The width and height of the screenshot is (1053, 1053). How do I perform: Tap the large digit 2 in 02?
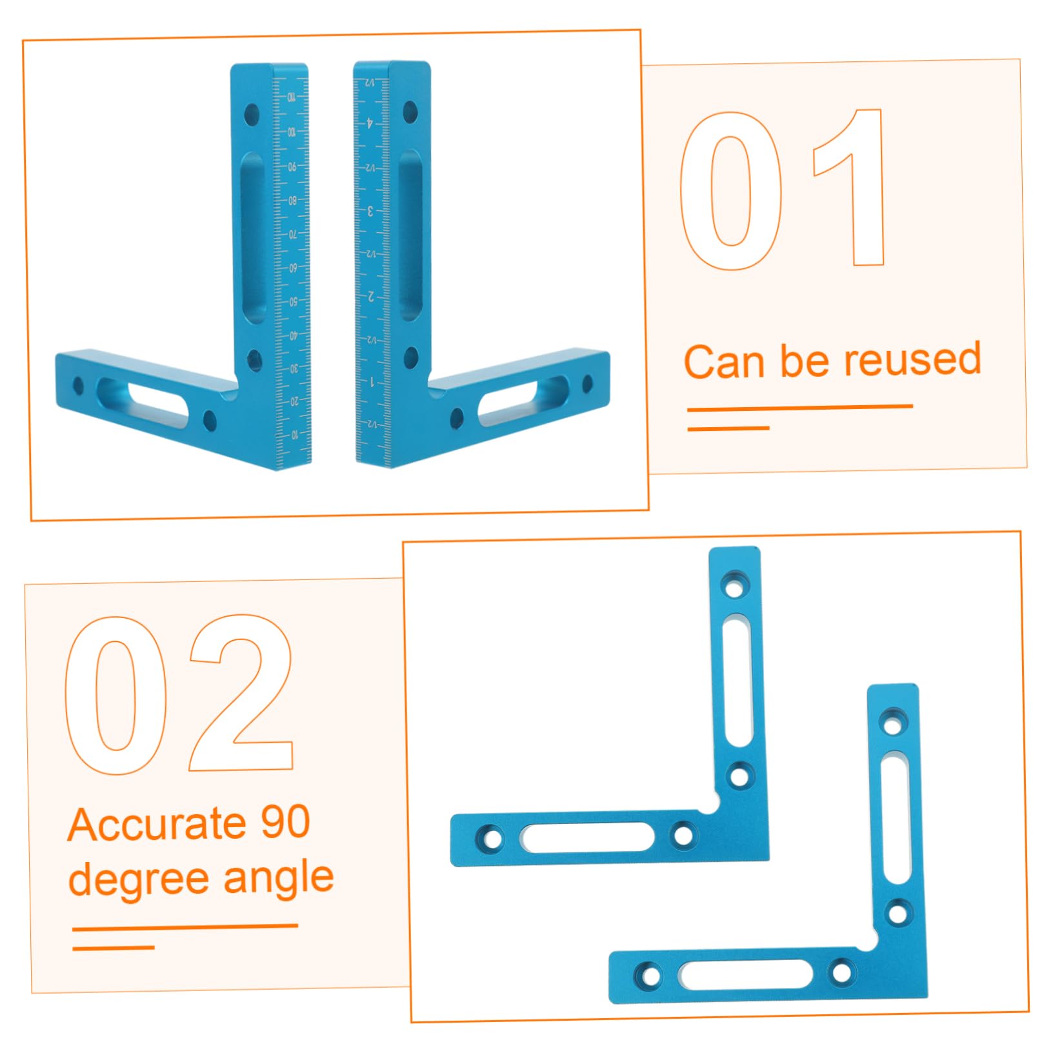[x=242, y=694]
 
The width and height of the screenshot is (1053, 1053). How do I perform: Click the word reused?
[x=912, y=360]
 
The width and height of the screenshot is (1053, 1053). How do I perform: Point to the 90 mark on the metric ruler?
[x=292, y=166]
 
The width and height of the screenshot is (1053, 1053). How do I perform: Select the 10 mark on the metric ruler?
[x=294, y=435]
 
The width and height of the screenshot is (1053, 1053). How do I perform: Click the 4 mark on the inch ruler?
[x=370, y=122]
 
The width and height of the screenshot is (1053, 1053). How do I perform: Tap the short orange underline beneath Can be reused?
[x=728, y=428]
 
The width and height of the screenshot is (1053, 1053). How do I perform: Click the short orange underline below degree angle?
[x=114, y=948]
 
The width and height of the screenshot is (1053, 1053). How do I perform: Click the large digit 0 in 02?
[x=116, y=696]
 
